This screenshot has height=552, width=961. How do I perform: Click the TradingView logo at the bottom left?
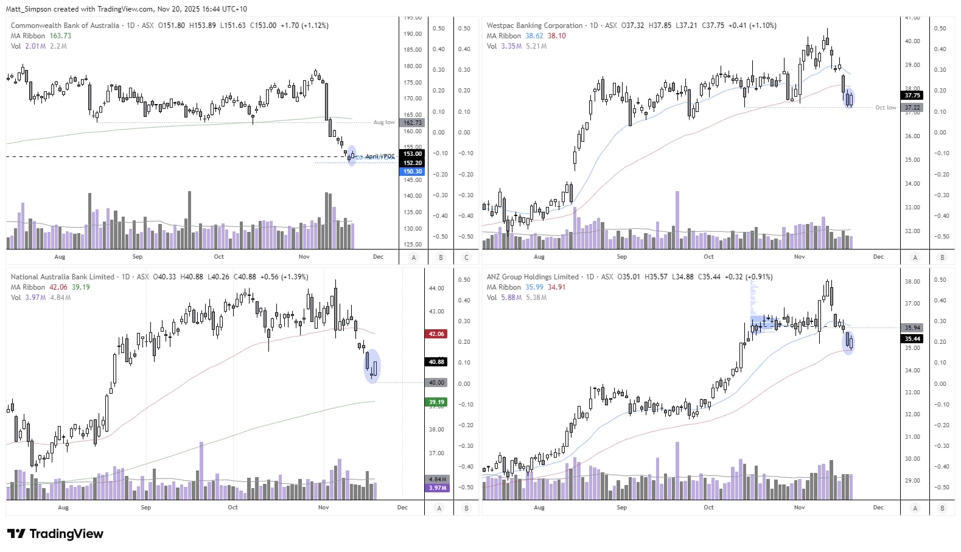(55, 534)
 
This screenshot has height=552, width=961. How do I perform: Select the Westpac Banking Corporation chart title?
(534, 26)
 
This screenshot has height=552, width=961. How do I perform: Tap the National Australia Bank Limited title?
(63, 277)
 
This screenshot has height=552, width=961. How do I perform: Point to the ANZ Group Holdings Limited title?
(533, 277)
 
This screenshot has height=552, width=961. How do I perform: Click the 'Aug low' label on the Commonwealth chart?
(383, 122)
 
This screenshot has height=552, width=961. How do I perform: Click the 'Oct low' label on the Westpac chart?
(886, 108)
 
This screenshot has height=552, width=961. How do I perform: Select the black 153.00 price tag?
(413, 154)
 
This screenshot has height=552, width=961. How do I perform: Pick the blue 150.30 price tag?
(413, 172)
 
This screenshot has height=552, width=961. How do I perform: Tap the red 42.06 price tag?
(436, 334)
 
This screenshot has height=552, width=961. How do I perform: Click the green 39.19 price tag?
(436, 402)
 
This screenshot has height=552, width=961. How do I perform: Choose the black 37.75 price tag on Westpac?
(912, 96)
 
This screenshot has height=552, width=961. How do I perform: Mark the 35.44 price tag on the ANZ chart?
(912, 339)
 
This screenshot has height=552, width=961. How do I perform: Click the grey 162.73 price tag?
(413, 123)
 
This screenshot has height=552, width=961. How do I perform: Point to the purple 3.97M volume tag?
(436, 488)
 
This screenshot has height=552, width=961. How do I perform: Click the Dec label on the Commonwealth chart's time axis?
(378, 257)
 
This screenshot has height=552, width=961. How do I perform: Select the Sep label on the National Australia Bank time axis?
(146, 508)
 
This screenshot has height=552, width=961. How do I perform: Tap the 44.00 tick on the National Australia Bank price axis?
(436, 288)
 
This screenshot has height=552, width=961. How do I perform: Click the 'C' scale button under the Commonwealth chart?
(467, 257)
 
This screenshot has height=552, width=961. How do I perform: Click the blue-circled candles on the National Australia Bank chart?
(372, 366)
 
